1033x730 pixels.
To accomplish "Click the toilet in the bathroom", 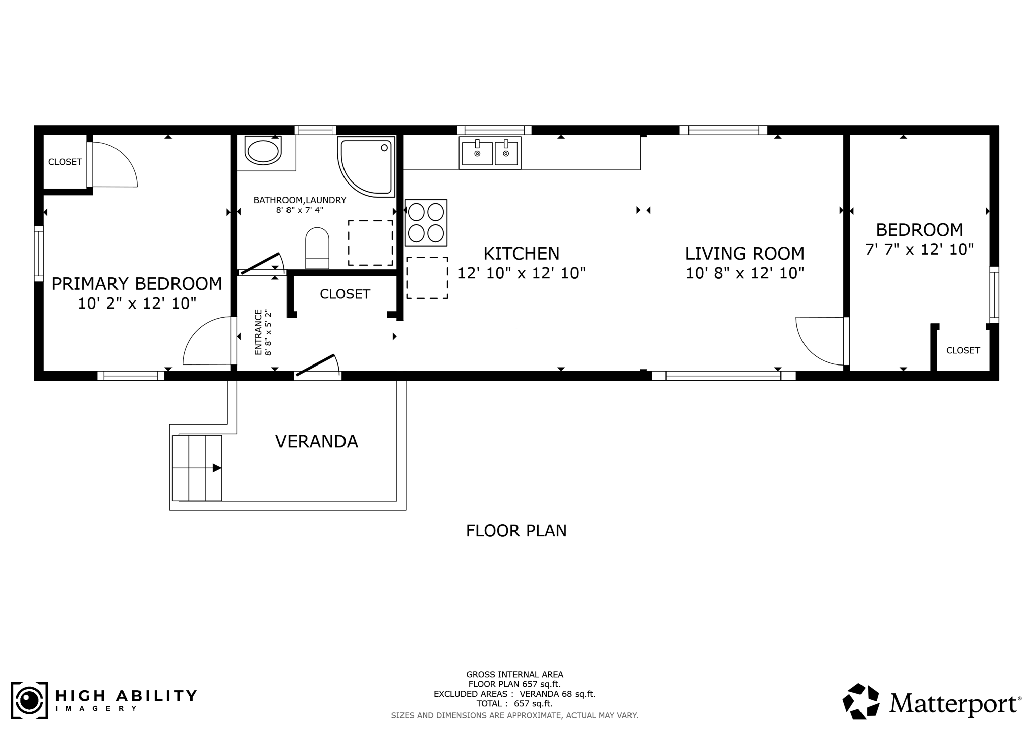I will coord(317,248).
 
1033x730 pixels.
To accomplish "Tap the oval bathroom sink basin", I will coord(263,151).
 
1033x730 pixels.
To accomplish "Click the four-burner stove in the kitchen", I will coord(426,222).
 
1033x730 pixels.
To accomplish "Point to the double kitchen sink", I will coord(490,153).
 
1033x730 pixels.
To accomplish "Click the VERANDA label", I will coord(316,442).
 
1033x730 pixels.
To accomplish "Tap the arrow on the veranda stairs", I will coord(217,468).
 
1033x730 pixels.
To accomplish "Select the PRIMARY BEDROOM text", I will coord(137,284).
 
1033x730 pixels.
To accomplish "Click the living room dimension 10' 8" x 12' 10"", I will coord(744,273).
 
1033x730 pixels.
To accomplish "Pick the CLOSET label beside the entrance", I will coord(345,294).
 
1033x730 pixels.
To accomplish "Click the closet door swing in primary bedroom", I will coord(113,165).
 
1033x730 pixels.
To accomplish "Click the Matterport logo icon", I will coord(862,702).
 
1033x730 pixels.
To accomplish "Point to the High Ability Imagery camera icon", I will coord(29,700).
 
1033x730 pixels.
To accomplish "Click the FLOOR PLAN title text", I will coord(516,531).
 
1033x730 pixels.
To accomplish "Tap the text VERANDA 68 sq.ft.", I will coord(557,694).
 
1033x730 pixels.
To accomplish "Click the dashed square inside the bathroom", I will coord(370,243).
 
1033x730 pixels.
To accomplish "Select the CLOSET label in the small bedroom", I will coord(963,350).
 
